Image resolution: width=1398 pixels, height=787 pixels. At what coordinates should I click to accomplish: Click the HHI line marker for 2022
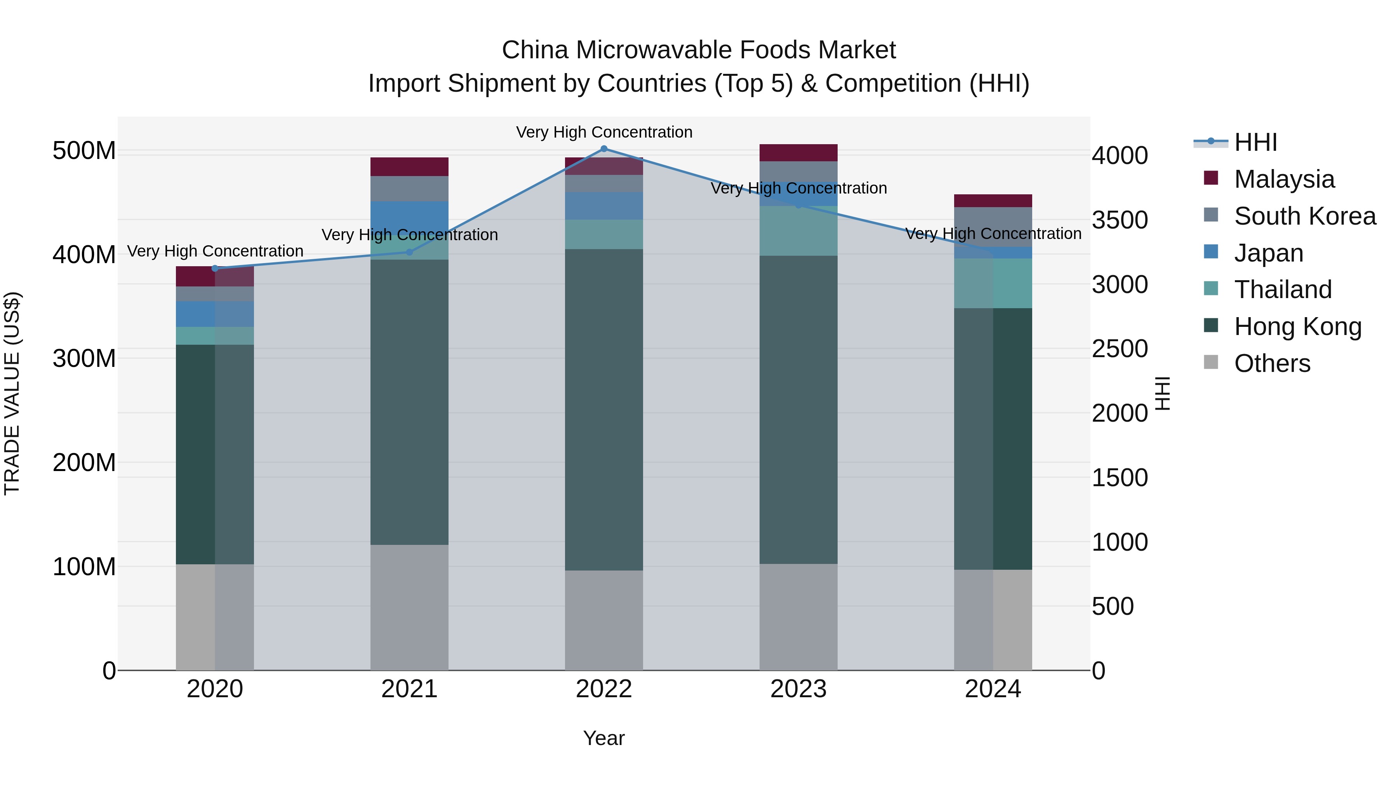603,149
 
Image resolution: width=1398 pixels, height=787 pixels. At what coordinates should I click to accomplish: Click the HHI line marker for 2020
215,268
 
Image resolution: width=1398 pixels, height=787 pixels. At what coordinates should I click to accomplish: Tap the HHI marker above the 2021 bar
409,252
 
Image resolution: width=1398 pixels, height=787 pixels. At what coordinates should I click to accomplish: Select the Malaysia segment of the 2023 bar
798,153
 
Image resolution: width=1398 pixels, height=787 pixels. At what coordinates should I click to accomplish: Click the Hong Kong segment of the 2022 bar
603,410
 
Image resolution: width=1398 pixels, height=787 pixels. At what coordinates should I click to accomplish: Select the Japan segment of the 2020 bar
215,314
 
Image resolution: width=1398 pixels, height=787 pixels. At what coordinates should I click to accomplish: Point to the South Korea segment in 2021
409,188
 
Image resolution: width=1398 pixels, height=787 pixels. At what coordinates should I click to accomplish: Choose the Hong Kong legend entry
1297,326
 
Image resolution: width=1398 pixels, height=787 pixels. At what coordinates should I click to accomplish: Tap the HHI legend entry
1255,142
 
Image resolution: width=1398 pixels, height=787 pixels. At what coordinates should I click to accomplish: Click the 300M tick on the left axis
84,358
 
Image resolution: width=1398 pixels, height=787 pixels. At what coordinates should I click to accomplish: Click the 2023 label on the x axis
798,689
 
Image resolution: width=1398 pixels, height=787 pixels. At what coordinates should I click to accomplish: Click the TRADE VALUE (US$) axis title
12,393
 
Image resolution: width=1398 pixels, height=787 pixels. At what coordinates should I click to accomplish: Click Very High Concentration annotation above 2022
603,132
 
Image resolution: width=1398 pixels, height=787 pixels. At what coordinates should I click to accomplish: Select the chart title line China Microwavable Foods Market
699,50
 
